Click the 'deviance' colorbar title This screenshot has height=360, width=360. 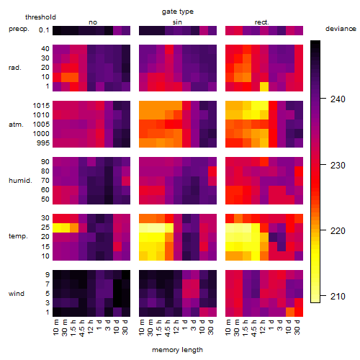point(341,29)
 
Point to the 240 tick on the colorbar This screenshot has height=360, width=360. point(323,99)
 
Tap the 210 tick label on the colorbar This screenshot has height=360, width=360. point(338,297)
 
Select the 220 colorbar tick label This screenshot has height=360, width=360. point(338,230)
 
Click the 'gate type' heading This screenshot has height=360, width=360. point(178,12)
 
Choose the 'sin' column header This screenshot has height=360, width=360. point(177,22)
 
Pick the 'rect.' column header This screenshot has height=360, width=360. point(261,22)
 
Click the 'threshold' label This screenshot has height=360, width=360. point(40,17)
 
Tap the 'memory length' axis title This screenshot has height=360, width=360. point(177,350)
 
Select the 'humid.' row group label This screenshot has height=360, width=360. point(20,181)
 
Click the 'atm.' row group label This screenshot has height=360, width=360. point(16,125)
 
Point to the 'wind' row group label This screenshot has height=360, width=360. point(17,294)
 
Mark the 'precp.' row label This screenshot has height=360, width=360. point(19,29)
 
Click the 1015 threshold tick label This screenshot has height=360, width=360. point(41,105)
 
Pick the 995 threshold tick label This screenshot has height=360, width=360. point(43,143)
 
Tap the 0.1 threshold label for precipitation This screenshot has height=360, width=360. point(44,30)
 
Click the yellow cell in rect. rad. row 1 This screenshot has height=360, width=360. point(264,86)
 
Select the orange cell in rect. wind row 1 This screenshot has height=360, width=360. point(290,312)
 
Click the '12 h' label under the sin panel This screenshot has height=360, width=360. point(176,327)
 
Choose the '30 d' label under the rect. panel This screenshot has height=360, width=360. point(297,327)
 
